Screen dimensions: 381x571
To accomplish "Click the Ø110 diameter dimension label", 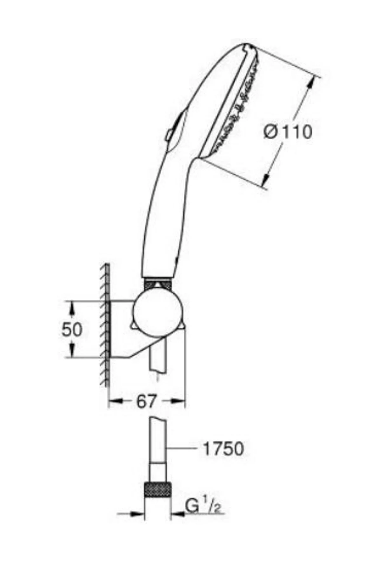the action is (x=288, y=132).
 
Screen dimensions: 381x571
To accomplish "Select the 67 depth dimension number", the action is (x=147, y=401).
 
